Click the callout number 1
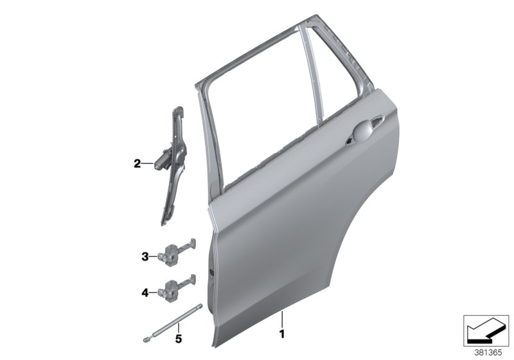281,334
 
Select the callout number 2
137,164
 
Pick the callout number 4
145,293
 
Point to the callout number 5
179,336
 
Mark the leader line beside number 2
146,164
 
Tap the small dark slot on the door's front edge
209,272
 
